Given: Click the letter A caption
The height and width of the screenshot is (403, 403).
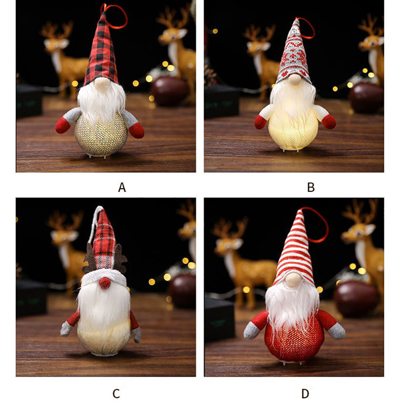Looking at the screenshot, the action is point(122,187).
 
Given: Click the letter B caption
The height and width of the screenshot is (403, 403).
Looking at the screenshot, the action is point(311,187).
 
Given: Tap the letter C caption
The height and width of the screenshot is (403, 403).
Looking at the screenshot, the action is point(116,393).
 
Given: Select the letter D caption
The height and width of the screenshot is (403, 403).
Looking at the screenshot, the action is point(305,393).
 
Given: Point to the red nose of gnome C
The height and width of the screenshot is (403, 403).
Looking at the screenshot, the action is point(105,283).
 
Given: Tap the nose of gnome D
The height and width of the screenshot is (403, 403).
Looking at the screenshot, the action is point(293,280).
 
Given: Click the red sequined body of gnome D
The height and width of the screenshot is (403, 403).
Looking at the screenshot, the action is point(294,339).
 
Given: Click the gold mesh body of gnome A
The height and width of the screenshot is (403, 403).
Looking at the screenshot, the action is point(101,135).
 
